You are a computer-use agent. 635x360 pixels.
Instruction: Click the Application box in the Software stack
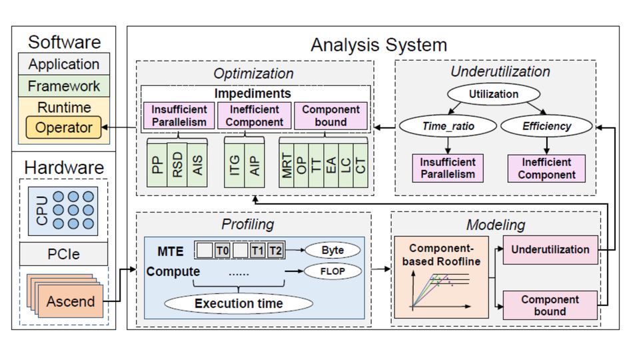64,65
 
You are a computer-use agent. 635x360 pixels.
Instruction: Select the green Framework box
64,86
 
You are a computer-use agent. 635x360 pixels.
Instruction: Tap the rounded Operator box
64,127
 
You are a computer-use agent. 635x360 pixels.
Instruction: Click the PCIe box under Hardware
64,254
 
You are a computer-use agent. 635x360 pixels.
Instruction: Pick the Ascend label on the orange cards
71,301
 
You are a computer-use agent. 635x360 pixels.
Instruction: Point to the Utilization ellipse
492,94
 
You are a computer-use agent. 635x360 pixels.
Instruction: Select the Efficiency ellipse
546,125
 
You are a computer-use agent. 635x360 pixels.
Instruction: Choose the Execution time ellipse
238,303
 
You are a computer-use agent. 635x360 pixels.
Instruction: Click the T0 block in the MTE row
222,250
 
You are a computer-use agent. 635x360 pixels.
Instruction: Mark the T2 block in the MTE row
276,250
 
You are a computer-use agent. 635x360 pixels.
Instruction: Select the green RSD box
177,164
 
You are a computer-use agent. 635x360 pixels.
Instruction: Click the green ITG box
235,164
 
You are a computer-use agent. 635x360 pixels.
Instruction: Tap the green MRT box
287,164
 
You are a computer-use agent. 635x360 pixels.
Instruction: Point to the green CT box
360,164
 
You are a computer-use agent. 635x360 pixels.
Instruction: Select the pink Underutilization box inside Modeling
550,249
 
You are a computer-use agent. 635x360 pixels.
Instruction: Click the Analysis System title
378,45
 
